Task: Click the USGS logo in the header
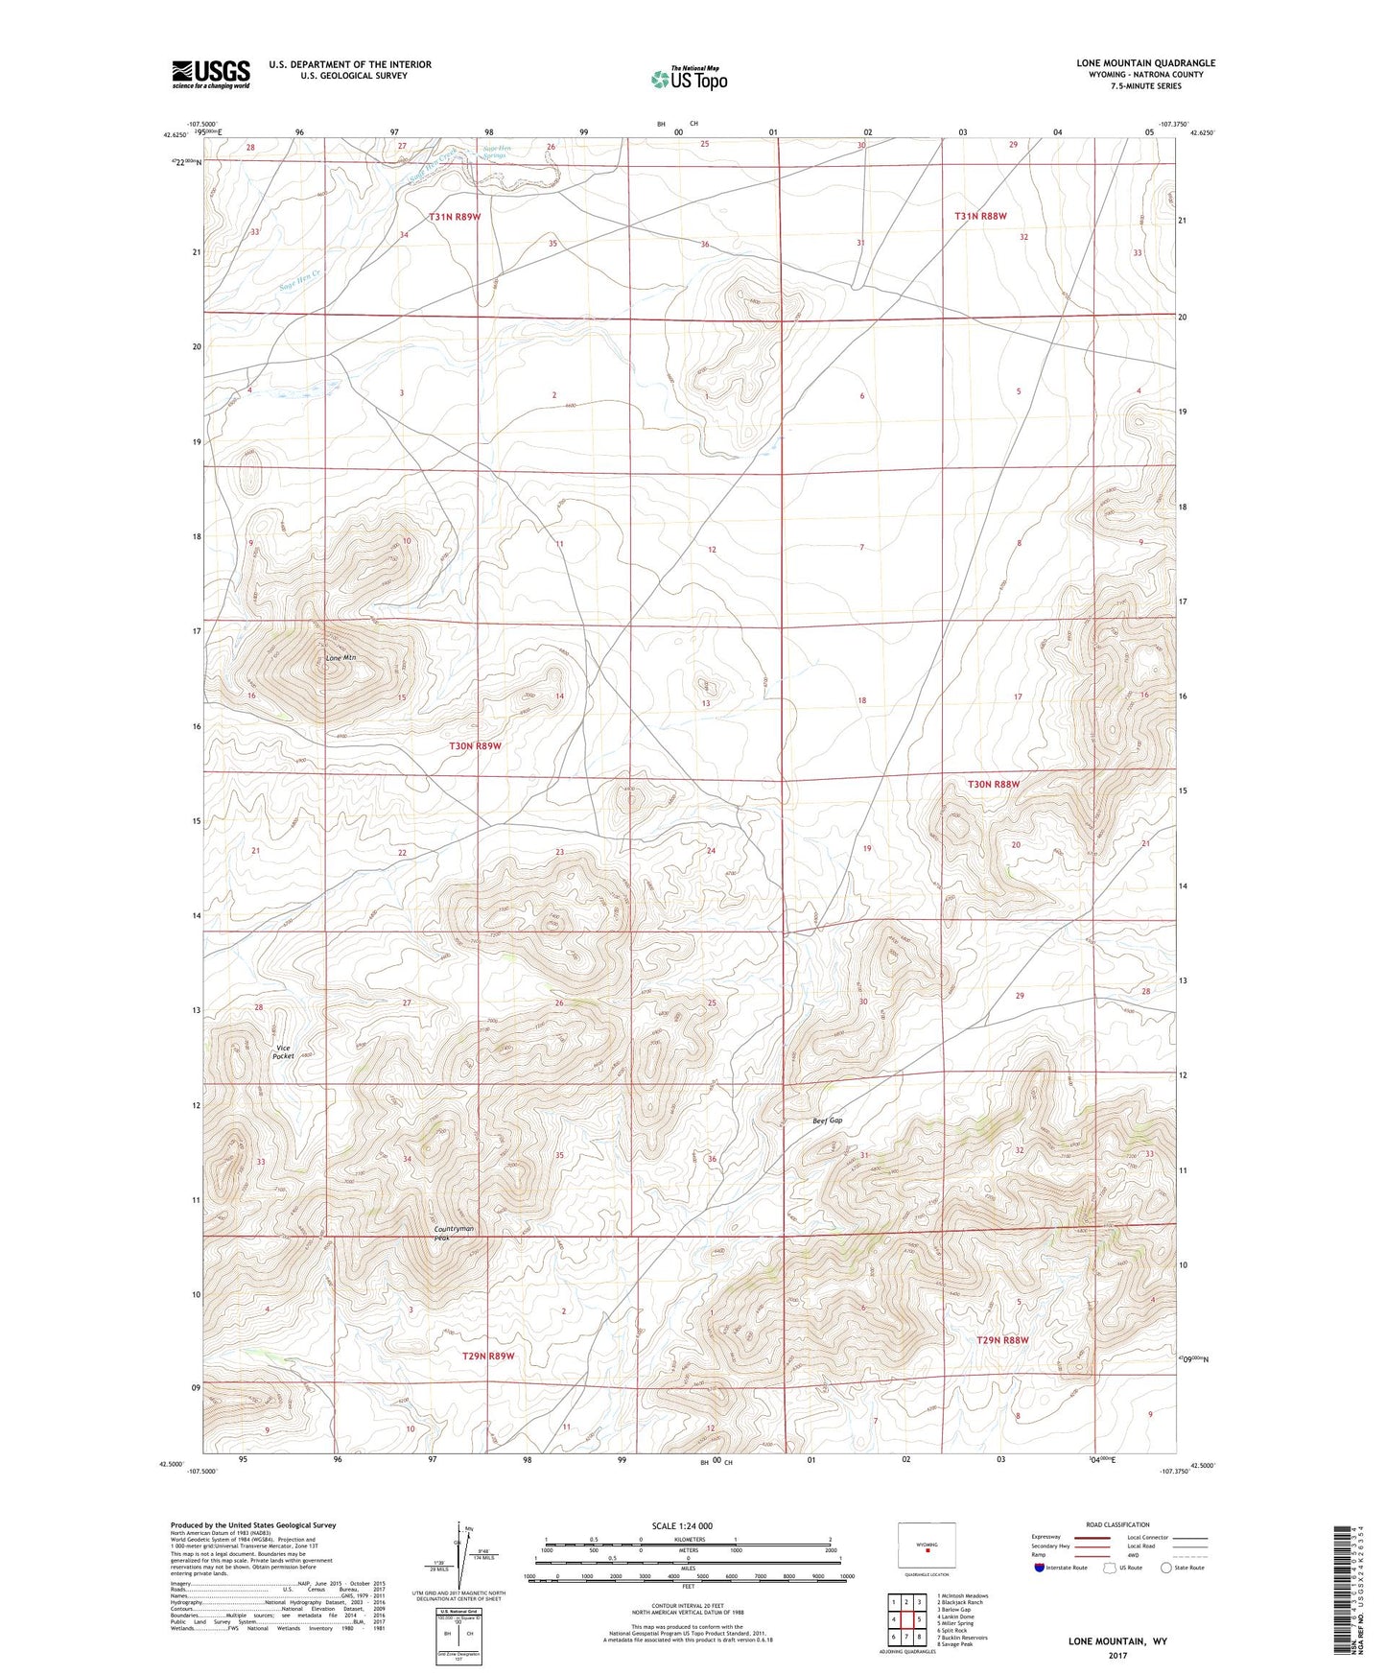pyautogui.click(x=211, y=74)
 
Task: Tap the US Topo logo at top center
pyautogui.click(x=689, y=79)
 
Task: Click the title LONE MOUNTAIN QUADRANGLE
pyautogui.click(x=1145, y=63)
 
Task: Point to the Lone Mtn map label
pyautogui.click(x=341, y=658)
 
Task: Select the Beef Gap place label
pyautogui.click(x=827, y=1121)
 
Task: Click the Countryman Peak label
pyautogui.click(x=454, y=1233)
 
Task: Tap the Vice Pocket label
pyautogui.click(x=283, y=1051)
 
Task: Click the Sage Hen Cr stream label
pyautogui.click(x=299, y=281)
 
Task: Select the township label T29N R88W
pyautogui.click(x=1002, y=1340)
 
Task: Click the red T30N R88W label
pyautogui.click(x=993, y=784)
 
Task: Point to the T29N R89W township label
pyautogui.click(x=488, y=1356)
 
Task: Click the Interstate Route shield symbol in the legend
pyautogui.click(x=1041, y=1568)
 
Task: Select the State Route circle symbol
pyautogui.click(x=1166, y=1568)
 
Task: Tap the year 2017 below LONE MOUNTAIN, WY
pyautogui.click(x=1117, y=1655)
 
